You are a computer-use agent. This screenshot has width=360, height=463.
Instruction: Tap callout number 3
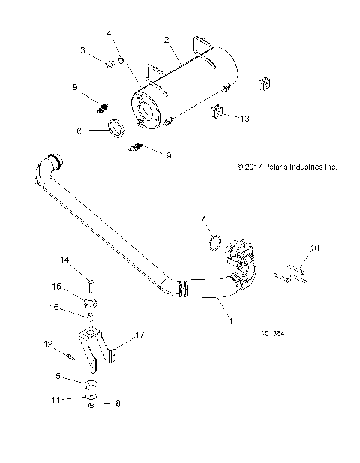point(84,50)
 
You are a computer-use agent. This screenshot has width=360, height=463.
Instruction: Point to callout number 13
point(244,118)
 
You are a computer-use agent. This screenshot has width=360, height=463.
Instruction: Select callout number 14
point(64,260)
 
